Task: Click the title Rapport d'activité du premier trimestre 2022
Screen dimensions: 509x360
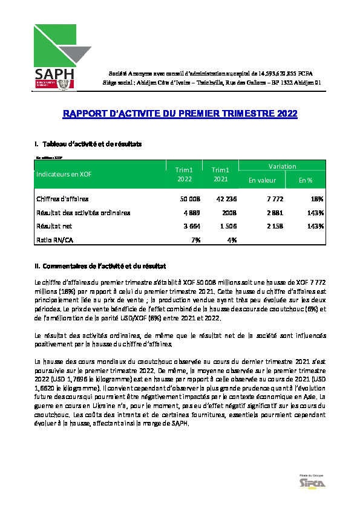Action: click(180, 114)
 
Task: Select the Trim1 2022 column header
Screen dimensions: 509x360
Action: click(185, 175)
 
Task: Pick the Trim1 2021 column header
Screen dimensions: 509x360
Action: click(221, 175)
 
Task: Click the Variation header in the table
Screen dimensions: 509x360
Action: click(283, 166)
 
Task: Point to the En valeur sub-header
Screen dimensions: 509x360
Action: click(262, 180)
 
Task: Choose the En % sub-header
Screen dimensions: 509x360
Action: click(306, 180)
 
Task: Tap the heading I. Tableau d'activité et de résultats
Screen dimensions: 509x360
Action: click(90, 144)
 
